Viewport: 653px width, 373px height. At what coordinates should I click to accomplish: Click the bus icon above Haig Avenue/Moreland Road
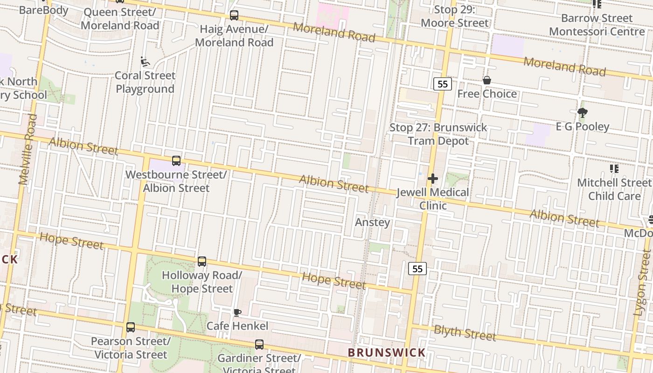tap(234, 15)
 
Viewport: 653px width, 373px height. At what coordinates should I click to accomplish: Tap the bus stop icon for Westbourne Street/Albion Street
tap(176, 161)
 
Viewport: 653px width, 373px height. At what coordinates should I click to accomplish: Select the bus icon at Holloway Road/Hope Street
tap(202, 262)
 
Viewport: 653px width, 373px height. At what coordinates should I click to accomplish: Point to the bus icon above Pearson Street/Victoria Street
tap(131, 327)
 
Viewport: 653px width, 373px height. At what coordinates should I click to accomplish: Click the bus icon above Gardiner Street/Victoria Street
tap(259, 345)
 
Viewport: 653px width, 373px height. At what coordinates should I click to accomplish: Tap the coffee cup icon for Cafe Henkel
tap(237, 312)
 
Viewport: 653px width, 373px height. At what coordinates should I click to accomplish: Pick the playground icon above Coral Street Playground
tap(145, 62)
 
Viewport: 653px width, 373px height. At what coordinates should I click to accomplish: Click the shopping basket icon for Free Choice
tap(487, 80)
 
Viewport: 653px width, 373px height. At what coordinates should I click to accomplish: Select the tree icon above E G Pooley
tap(582, 112)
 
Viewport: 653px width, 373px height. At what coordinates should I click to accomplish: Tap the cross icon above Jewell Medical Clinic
tap(433, 178)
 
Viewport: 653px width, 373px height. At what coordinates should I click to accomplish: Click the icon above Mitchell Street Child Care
tap(614, 168)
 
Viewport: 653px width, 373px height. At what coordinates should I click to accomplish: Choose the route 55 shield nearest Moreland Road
tap(443, 84)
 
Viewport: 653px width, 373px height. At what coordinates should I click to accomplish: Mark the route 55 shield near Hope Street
tap(417, 269)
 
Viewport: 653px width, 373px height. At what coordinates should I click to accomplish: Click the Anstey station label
tap(372, 222)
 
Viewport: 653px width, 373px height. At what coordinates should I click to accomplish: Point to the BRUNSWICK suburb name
tap(387, 352)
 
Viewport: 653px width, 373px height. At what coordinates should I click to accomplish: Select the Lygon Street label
tap(642, 282)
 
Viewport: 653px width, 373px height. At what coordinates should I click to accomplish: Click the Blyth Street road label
tap(465, 333)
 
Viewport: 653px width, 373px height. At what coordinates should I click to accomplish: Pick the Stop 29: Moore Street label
tap(454, 16)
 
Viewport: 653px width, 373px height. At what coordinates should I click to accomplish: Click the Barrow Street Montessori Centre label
tap(597, 25)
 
